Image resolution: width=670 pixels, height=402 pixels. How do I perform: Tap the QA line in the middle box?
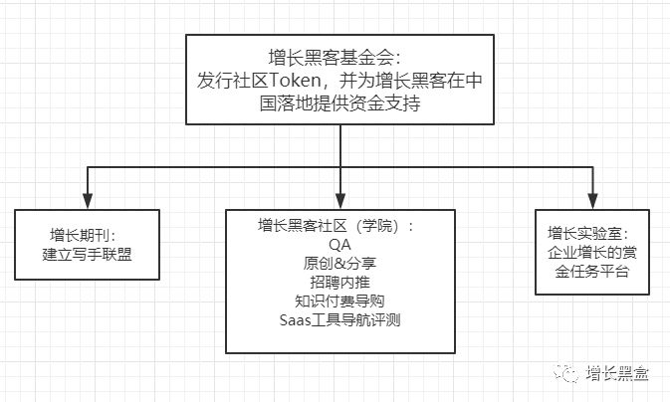point(339,244)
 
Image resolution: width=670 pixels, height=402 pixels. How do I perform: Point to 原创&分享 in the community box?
point(339,263)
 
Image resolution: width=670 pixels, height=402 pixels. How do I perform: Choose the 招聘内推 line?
point(339,282)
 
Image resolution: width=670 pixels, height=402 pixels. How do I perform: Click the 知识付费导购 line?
point(339,301)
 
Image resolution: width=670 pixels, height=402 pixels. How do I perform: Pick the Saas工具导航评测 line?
point(339,319)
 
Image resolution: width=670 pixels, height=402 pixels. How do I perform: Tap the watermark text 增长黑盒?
point(618,373)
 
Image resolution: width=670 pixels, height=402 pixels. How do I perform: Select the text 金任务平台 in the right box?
point(593,271)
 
